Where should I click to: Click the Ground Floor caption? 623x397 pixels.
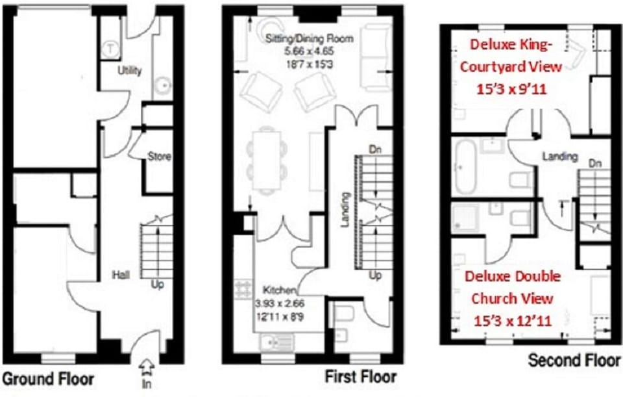coord(49,378)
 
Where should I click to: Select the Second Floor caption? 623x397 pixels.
coord(574,360)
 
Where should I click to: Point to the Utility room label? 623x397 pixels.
coord(130,71)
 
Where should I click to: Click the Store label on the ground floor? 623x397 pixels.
coord(159,156)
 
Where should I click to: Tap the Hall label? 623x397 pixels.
coord(121,275)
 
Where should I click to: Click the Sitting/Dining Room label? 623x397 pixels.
coord(310,39)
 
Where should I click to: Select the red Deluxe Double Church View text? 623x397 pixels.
coord(513,288)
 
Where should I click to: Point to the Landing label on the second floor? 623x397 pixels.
coord(560,156)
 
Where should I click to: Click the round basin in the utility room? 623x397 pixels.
coord(165,84)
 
